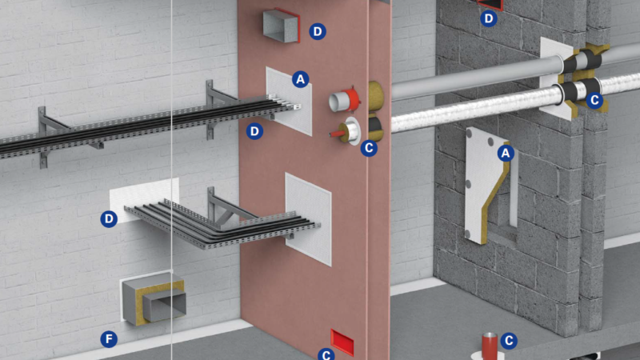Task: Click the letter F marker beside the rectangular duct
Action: point(108,339)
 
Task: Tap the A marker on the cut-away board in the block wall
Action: point(506,153)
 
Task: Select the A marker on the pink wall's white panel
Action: point(300,78)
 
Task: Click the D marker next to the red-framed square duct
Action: point(318,31)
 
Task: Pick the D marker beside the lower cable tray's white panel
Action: point(109,218)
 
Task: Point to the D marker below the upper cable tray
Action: point(254,130)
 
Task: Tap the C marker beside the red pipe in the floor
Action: point(509,341)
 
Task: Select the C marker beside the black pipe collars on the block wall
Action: point(594,100)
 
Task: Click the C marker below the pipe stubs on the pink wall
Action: point(369,147)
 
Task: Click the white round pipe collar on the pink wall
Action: point(350,130)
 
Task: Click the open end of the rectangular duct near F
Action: point(165,306)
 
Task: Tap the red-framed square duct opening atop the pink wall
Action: point(281,25)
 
